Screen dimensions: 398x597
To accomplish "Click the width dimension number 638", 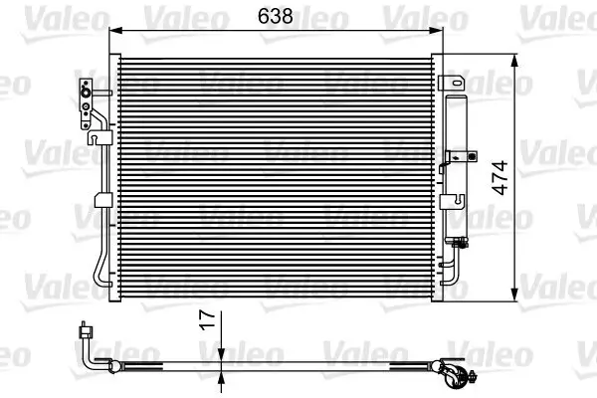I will [276, 16].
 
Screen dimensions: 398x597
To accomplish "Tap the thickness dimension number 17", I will [208, 320].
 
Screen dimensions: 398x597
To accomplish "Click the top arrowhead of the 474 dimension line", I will [515, 59].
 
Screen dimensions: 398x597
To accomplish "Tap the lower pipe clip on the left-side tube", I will [99, 202].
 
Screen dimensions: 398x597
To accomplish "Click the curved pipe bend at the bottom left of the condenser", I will [99, 275].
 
